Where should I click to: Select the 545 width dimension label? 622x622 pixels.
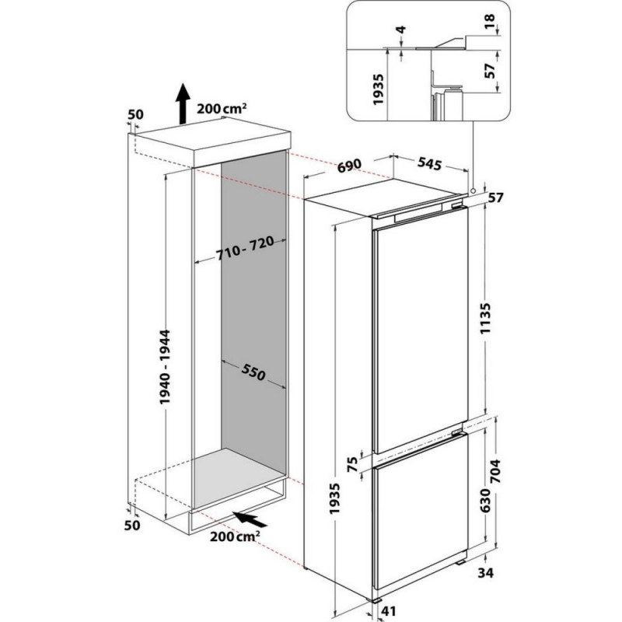point(428,164)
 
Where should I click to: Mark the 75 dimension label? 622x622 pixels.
point(353,464)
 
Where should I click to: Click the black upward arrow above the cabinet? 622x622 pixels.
point(181,103)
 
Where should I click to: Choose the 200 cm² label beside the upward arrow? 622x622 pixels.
point(222,110)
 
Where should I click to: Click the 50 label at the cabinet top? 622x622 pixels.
point(135,114)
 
